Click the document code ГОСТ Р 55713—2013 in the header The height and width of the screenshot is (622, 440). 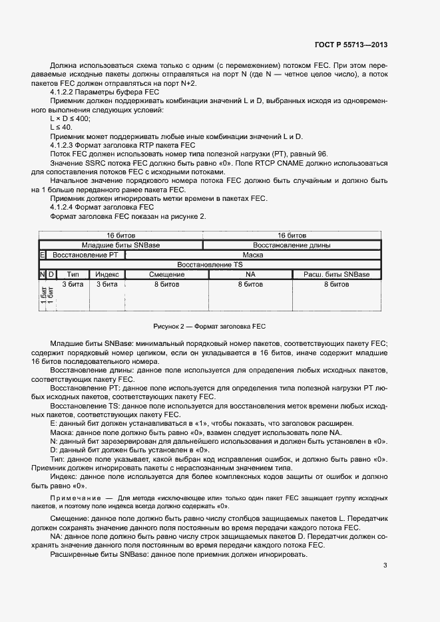[351, 45]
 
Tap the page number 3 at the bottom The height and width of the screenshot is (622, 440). [385, 565]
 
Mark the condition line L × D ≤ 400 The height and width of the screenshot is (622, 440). [71, 118]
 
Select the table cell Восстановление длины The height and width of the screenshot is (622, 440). [292, 245]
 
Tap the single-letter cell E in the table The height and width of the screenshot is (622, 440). [43, 255]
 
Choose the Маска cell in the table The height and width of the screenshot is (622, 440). [252, 255]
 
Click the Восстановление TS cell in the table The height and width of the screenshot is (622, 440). [210, 265]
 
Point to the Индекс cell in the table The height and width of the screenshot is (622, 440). [107, 274]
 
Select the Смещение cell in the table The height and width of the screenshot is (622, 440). [166, 274]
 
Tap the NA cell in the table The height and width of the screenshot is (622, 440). [250, 274]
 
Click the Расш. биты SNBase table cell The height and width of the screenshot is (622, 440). [336, 274]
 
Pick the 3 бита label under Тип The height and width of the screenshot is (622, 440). [73, 284]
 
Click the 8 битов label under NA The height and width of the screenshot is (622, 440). [250, 284]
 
